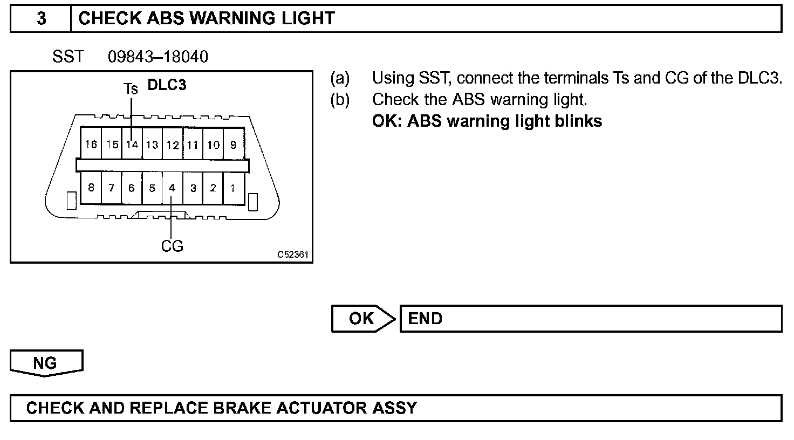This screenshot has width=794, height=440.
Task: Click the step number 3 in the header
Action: click(41, 19)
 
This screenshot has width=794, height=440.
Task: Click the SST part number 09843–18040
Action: click(158, 57)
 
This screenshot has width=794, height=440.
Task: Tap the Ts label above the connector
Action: click(131, 88)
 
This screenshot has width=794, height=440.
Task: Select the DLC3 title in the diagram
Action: click(167, 85)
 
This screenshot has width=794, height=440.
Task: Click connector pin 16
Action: click(91, 145)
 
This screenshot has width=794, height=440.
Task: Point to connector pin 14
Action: click(132, 145)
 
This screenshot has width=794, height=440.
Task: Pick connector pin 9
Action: click(233, 145)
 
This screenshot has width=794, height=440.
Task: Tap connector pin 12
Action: click(173, 145)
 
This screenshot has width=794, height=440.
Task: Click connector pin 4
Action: click(172, 188)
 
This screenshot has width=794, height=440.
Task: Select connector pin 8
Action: click(91, 188)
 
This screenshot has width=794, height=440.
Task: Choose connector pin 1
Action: click(232, 188)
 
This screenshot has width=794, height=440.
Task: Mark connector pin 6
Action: click(132, 188)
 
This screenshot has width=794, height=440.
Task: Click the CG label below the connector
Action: click(172, 246)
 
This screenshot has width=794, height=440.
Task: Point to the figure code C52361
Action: click(293, 255)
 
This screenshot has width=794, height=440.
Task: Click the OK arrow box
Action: click(362, 319)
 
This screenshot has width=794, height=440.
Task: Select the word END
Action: click(425, 319)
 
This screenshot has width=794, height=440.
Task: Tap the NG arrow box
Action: click(45, 363)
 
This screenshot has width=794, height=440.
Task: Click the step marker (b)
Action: click(340, 100)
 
